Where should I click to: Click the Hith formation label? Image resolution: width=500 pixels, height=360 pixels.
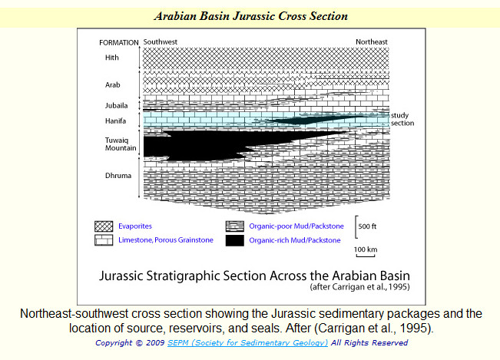[x=112, y=58]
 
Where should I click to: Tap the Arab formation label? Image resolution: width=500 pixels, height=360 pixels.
[x=113, y=84]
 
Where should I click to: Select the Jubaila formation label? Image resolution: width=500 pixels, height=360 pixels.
[x=117, y=105]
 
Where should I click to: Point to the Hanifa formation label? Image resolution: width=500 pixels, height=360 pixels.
[x=115, y=121]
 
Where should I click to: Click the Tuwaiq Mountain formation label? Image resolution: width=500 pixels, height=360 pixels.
[x=121, y=144]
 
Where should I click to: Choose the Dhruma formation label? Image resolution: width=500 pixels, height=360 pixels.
[x=118, y=176]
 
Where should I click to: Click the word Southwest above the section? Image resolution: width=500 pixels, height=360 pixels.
[x=160, y=41]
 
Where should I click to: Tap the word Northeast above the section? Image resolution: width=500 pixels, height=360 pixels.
[x=372, y=41]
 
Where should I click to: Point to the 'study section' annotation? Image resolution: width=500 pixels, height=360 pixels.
[x=402, y=119]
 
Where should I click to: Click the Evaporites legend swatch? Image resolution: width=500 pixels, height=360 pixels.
[x=104, y=226]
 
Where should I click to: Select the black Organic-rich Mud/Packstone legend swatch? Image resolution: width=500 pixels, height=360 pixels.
[x=235, y=240]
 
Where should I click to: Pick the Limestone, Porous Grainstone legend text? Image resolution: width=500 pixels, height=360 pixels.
[x=166, y=240]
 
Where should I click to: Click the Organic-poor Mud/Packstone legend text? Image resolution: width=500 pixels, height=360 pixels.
[x=296, y=226]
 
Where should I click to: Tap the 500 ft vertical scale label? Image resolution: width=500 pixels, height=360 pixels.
[x=367, y=226]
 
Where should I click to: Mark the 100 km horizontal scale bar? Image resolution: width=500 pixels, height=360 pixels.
[x=366, y=256]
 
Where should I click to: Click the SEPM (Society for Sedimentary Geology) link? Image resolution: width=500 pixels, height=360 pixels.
[x=247, y=343]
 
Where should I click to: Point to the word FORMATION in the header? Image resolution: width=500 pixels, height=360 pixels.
[x=118, y=43]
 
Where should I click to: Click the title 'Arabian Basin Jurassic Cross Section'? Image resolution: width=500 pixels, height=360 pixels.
[x=250, y=16]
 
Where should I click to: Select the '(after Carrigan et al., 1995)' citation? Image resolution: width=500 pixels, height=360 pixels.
[x=359, y=287]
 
